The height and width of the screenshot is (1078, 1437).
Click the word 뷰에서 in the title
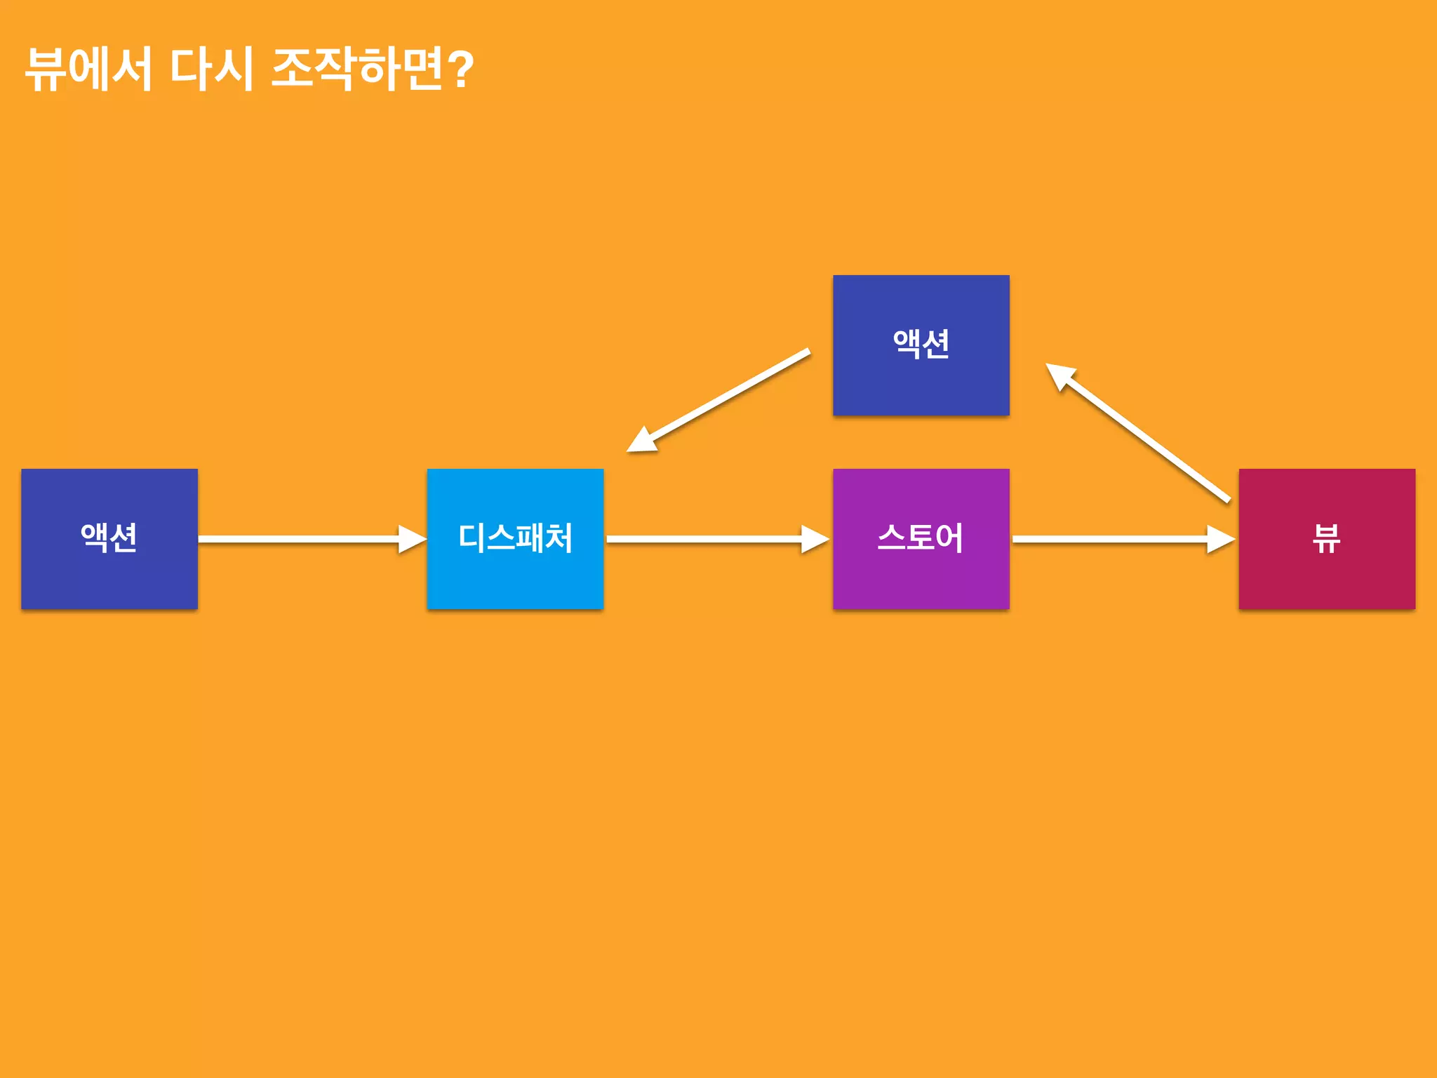[x=88, y=69]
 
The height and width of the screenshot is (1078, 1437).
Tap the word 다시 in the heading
[x=211, y=69]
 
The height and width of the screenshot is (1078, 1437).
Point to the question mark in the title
[x=460, y=69]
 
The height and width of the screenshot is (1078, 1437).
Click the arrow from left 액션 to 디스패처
[x=302, y=539]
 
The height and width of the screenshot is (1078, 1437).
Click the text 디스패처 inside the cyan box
[x=515, y=538]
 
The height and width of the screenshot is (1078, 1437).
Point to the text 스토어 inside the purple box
[x=921, y=538]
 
